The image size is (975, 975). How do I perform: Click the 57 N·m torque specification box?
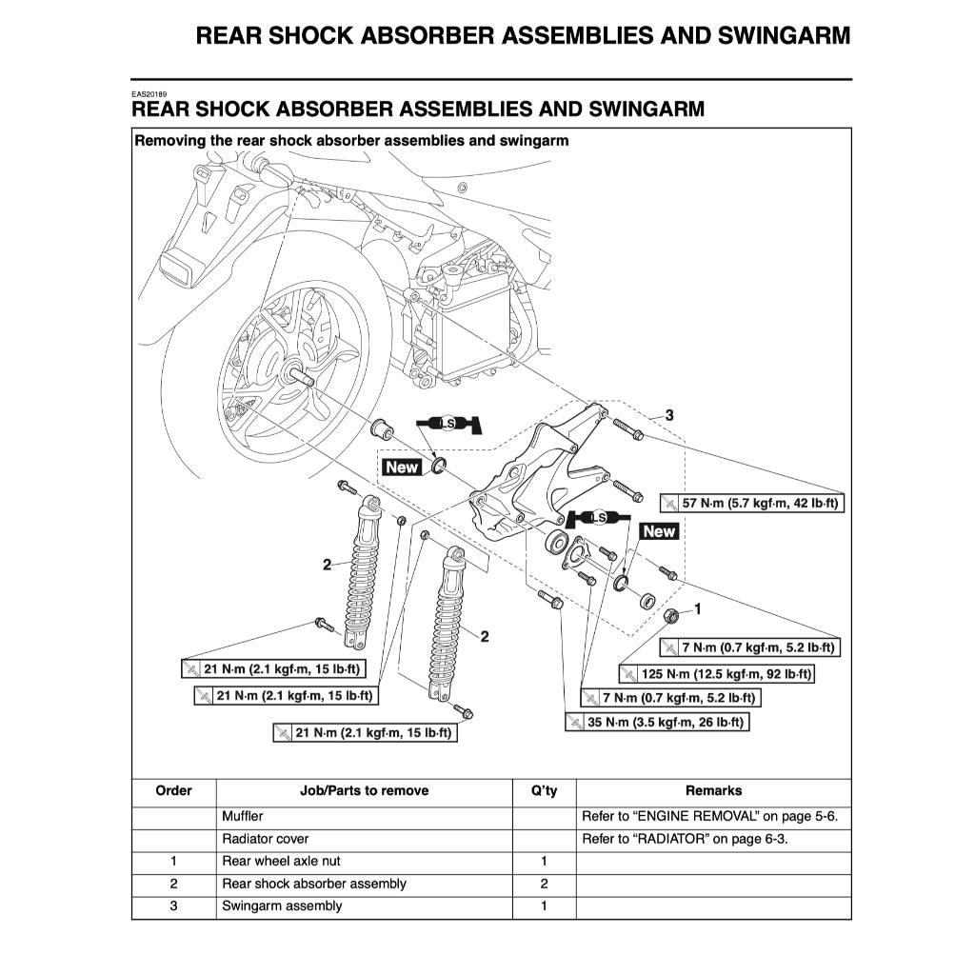751,502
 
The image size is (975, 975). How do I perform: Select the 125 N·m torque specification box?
717,674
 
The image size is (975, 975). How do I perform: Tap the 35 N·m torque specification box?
657,723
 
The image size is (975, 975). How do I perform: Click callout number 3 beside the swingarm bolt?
669,415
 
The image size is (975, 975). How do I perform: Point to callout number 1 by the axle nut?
697,607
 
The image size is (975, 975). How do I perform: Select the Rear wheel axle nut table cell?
276,862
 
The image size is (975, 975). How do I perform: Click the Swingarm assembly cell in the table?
282,905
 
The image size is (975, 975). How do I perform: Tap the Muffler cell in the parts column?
243,817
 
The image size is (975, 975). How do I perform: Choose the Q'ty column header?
544,790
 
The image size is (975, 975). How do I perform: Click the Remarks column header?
713,790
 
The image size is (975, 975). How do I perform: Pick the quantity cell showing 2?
544,884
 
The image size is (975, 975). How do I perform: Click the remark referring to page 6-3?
685,839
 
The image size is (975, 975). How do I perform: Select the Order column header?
173,790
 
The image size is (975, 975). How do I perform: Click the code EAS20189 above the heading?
149,95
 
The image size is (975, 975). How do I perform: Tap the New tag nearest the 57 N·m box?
659,531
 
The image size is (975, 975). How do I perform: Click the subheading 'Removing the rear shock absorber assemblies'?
351,140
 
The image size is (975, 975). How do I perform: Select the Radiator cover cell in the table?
266,839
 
